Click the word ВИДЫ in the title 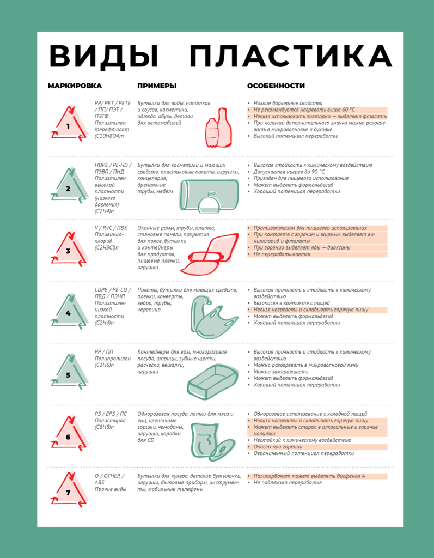coord(103,56)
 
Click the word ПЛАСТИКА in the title coord(291,56)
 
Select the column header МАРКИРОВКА coord(75,86)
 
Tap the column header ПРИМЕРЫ coord(157,86)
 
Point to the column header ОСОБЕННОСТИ coord(276,86)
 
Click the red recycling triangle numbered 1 coord(69,123)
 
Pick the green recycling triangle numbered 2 coord(69,185)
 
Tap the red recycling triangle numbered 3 coord(69,248)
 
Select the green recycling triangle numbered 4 coord(69,310)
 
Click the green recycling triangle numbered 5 coord(69,372)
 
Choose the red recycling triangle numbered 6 coord(69,434)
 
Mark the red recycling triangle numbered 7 coord(69,490)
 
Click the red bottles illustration coord(218,128)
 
